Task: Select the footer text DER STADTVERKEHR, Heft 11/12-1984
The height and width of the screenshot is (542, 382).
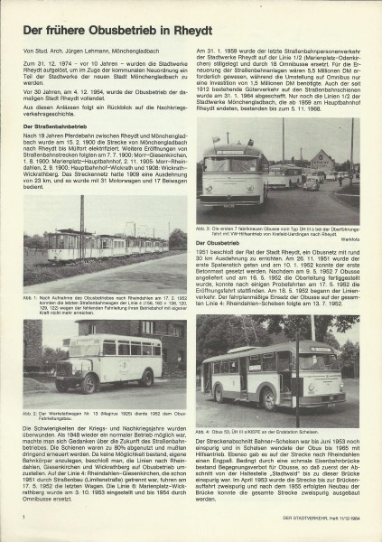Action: click(x=314, y=516)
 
